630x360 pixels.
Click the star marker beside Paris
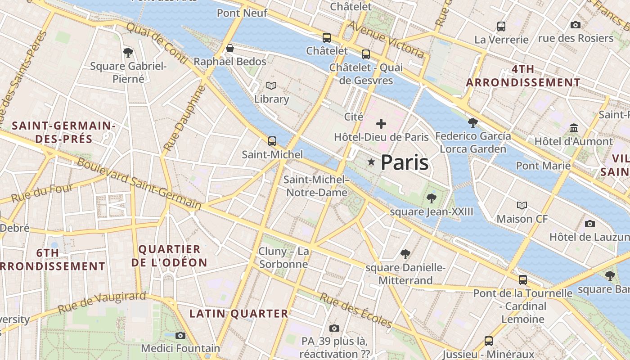tap(371, 162)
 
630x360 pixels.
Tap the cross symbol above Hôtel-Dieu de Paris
tap(381, 123)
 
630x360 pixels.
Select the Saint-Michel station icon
tap(272, 141)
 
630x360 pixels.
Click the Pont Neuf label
tap(242, 13)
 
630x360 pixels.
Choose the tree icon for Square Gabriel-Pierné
tap(128, 52)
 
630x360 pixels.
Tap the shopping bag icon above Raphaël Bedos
tap(230, 48)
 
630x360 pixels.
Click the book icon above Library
tap(271, 85)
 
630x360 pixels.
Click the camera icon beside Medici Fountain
tap(180, 335)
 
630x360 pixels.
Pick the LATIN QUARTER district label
tap(238, 314)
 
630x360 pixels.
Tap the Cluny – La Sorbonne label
tap(283, 257)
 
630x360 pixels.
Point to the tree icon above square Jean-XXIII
tap(431, 198)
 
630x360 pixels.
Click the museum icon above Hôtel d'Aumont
tap(574, 128)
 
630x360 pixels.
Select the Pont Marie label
tap(543, 166)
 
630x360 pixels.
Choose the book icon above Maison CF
tap(522, 205)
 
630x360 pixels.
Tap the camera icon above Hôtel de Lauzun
tap(589, 224)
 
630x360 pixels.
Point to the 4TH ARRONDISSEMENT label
tap(523, 76)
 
